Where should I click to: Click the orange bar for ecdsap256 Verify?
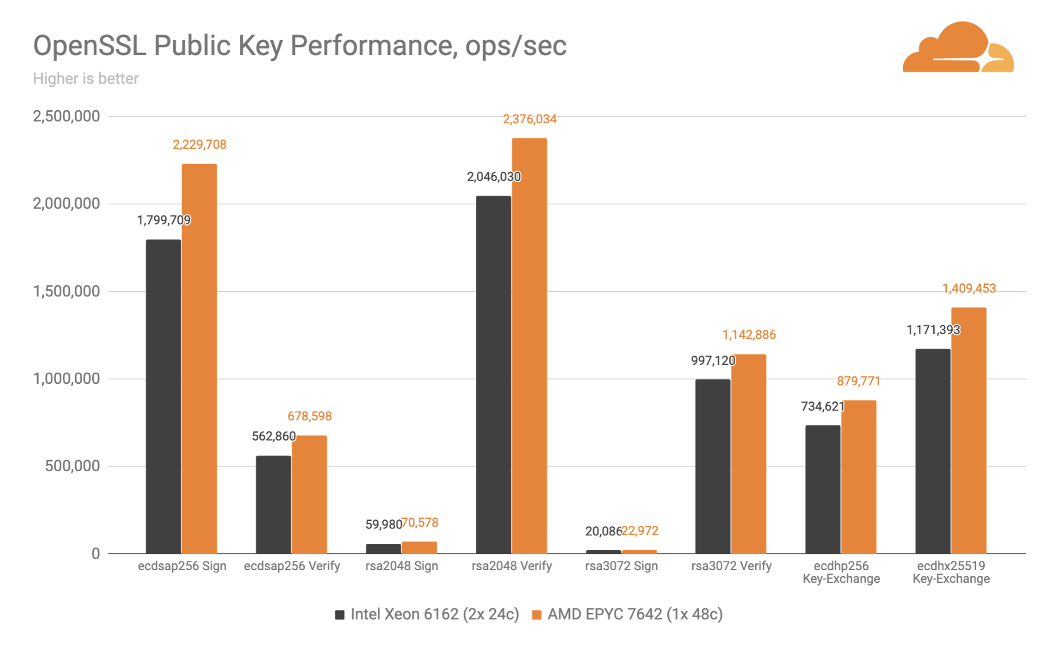[309, 495]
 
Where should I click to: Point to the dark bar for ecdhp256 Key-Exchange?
[823, 489]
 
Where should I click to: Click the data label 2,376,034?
[529, 119]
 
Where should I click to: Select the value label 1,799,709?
[164, 220]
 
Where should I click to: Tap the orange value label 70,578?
[420, 523]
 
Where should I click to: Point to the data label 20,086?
[603, 531]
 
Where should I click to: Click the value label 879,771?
[858, 381]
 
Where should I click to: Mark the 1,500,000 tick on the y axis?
[67, 291]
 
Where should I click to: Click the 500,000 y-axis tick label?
[73, 466]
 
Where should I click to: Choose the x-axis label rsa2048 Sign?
[402, 566]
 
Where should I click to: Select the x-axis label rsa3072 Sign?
[621, 566]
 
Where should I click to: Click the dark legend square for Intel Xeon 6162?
[340, 615]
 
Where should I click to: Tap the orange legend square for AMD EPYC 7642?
[537, 615]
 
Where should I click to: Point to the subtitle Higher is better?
[86, 79]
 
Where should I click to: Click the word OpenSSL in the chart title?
[89, 46]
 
